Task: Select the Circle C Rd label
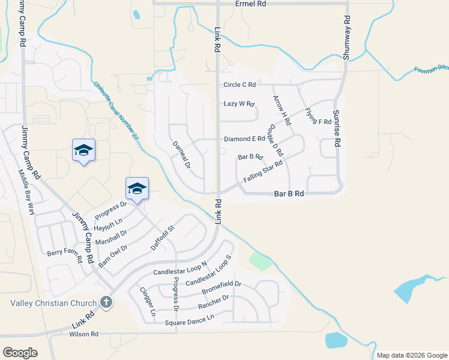[240, 85]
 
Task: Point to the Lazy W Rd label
[240, 103]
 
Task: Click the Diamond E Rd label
[244, 139]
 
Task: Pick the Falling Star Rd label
[263, 172]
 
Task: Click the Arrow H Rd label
[282, 110]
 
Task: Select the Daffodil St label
[162, 238]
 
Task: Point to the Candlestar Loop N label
[180, 268]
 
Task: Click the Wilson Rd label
[83, 334]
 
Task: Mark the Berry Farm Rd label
[65, 256]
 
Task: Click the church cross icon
[106, 302]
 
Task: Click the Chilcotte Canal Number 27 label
[116, 112]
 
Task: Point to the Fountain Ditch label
[431, 70]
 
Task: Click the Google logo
[20, 353]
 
